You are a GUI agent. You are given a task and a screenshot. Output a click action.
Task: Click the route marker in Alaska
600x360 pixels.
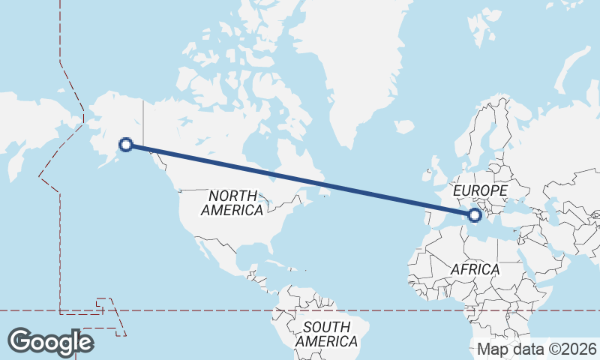pos(126,145)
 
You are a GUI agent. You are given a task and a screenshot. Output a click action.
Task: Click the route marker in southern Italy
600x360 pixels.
pos(474,215)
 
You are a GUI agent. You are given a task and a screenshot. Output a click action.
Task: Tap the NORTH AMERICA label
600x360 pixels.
pos(232,203)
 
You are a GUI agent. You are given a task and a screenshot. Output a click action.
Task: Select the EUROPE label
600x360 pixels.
pos(481,191)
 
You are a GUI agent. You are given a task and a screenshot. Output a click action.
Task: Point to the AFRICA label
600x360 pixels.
pos(474,268)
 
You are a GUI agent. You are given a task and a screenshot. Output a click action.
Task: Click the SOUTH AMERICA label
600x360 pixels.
pos(326,334)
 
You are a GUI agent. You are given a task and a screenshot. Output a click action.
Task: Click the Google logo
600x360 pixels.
pos(50,341)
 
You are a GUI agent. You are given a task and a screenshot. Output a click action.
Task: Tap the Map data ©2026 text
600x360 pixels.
pos(536,349)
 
